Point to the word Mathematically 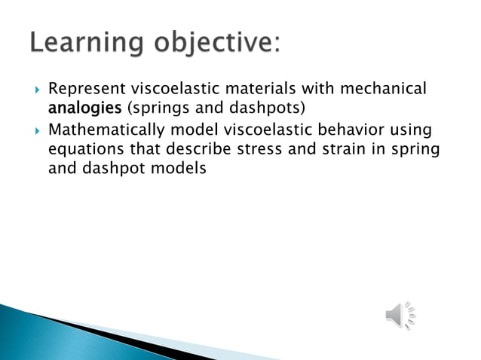coord(104,131)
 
